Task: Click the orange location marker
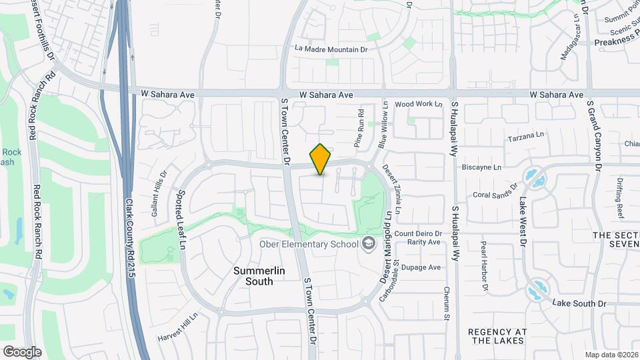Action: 321,159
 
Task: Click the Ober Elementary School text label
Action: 309,244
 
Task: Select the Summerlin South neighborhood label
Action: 253,276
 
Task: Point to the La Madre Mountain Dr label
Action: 331,49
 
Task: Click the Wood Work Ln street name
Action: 419,105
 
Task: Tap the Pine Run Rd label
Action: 359,128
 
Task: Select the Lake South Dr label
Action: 579,303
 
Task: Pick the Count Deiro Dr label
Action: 418,233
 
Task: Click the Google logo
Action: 22,351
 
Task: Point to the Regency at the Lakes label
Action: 497,336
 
